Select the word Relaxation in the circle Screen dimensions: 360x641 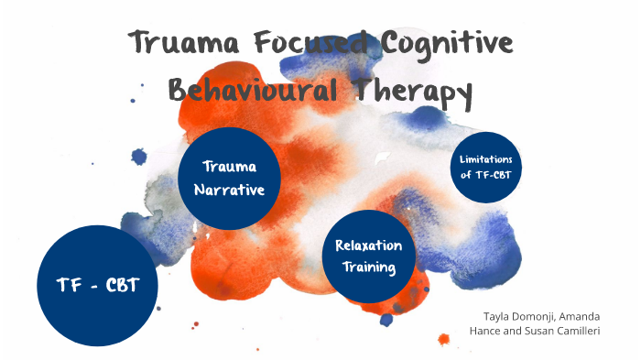369,245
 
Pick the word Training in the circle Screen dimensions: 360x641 368,267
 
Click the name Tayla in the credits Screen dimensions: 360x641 494,315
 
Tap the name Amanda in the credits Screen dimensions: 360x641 595,315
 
